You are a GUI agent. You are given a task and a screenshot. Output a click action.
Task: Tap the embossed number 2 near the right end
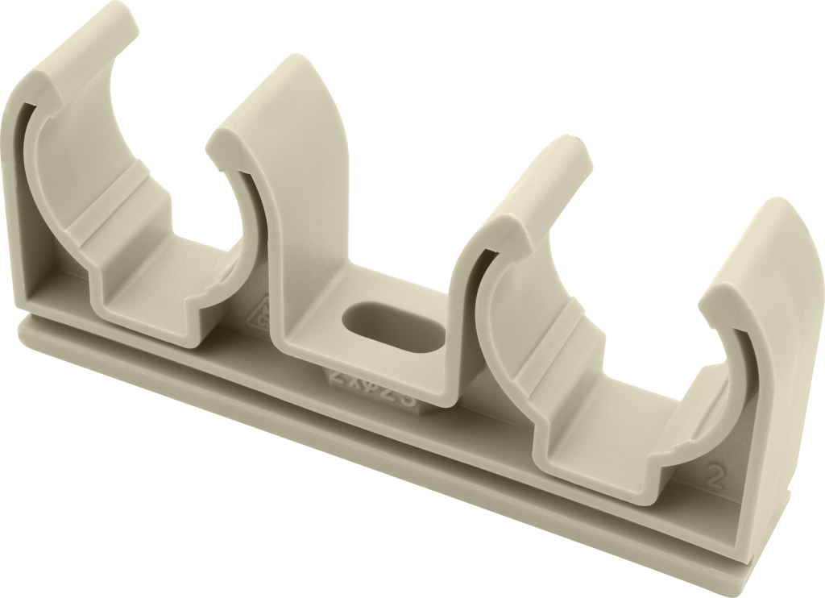711,474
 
